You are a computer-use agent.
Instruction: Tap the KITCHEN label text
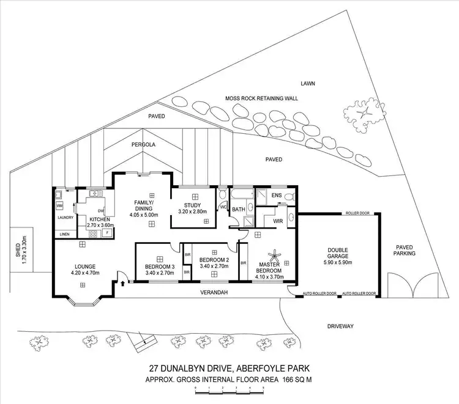[99, 218]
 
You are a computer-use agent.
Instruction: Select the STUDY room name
[195, 205]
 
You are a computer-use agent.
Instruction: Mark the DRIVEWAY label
[341, 327]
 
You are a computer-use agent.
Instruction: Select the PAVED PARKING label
[404, 250]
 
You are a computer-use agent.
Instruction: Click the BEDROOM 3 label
[159, 267]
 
